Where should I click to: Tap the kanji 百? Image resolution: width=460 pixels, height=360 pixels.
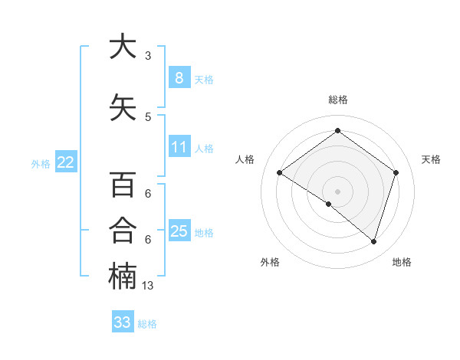[123, 185]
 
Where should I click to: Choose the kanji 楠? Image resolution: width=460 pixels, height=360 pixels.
[123, 277]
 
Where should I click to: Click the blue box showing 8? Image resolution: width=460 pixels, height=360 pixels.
[179, 77]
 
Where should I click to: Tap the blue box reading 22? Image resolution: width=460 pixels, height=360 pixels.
[66, 162]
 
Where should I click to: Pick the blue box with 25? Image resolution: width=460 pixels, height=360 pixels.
[179, 231]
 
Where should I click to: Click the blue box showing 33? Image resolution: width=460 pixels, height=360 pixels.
[123, 322]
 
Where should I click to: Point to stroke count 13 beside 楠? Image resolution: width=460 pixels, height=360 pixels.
[149, 285]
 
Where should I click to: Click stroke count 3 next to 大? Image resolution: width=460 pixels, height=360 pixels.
[148, 55]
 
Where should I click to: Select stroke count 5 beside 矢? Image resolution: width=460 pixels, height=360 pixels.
[148, 116]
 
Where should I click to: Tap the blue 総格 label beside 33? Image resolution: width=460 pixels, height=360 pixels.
[147, 324]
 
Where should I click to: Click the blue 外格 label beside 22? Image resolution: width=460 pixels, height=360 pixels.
[41, 163]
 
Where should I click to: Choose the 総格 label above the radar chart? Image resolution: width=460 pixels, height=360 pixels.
[337, 100]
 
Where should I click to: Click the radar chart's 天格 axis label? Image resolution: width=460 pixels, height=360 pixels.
[432, 159]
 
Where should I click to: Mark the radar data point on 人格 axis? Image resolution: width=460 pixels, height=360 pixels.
[279, 173]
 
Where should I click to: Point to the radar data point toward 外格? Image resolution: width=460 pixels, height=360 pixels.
[329, 204]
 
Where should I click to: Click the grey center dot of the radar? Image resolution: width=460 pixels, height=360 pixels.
[337, 191]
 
